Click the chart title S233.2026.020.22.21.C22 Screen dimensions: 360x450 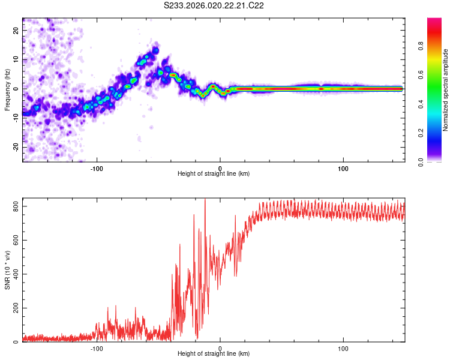(x=215, y=6)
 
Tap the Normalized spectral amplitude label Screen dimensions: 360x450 (x=445, y=91)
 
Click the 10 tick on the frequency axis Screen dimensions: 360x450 (x=16, y=60)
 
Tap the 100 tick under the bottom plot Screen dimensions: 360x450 (x=344, y=348)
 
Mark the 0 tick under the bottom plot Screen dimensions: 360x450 (x=220, y=348)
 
